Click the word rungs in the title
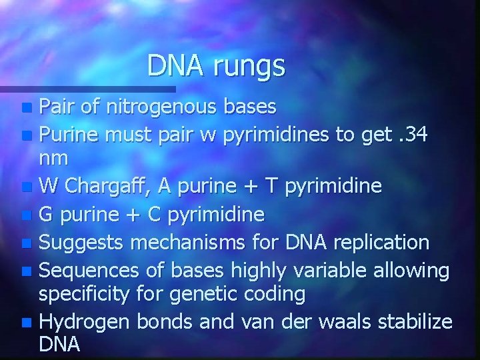tap(249, 65)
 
